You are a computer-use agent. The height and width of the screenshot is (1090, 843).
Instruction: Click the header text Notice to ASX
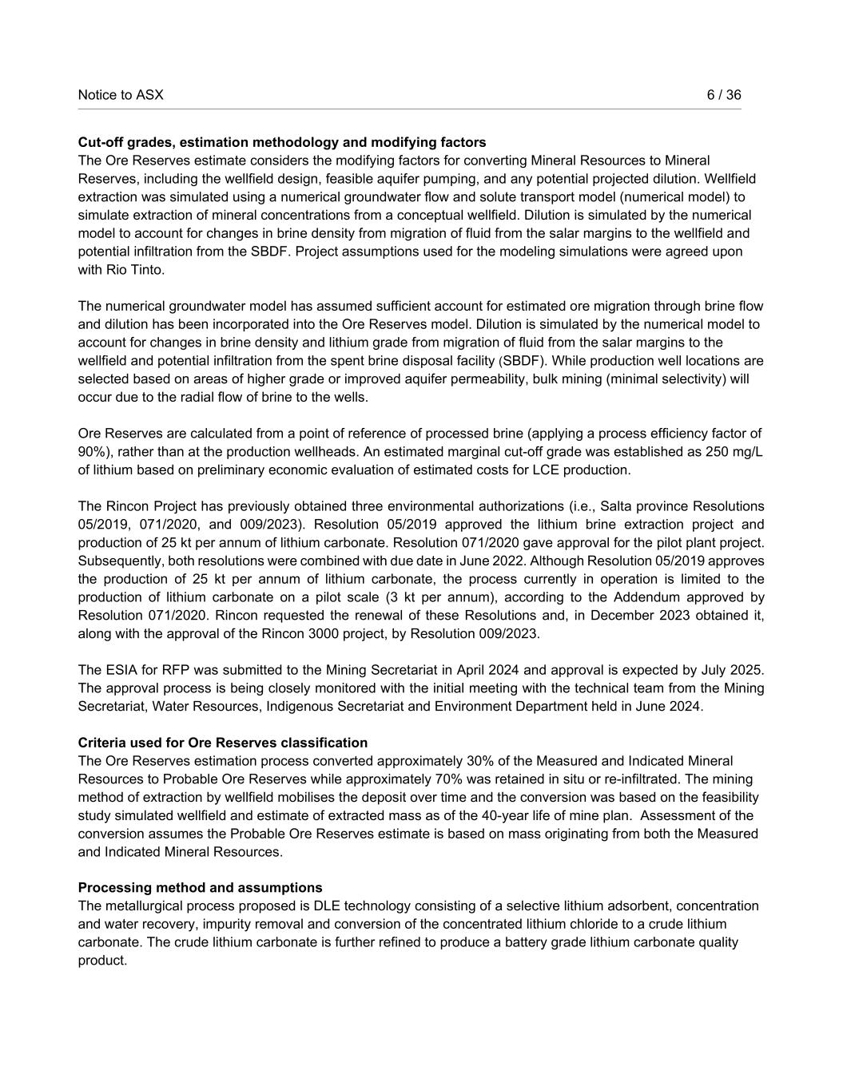point(121,95)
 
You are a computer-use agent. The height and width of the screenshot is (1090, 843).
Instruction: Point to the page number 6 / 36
point(724,95)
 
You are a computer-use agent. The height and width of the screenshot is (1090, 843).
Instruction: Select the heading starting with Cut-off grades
point(282,142)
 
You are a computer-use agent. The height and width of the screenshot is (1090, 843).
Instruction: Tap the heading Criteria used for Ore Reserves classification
point(223,743)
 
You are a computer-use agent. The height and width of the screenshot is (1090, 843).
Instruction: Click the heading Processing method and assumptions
point(201,888)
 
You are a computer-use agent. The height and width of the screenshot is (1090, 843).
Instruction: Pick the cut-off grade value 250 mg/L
point(735,452)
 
